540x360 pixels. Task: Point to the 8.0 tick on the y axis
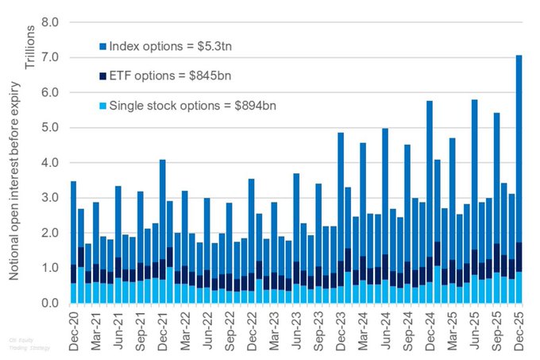49,22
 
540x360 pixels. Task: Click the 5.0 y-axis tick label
49,128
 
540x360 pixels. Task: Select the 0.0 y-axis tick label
49,304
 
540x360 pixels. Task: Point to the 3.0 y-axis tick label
49,198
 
